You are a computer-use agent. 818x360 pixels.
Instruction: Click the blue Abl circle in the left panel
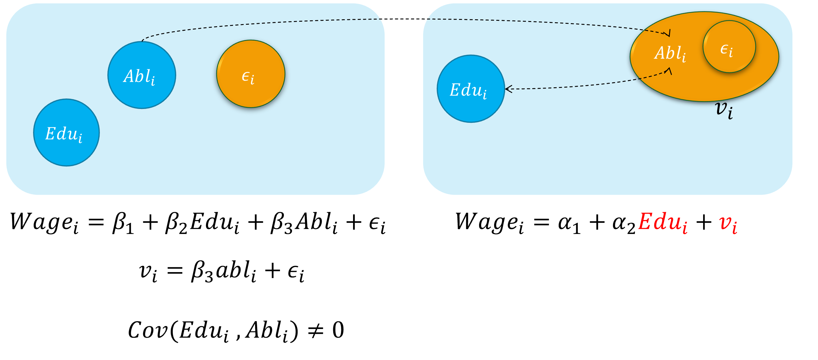pos(142,75)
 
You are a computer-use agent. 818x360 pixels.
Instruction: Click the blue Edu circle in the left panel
pos(66,132)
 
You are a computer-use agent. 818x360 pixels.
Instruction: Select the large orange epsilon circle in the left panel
pos(251,74)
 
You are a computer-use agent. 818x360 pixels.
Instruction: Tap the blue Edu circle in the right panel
pos(471,89)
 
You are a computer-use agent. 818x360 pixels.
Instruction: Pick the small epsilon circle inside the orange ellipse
pos(729,47)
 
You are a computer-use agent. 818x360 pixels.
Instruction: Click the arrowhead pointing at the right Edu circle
pos(507,89)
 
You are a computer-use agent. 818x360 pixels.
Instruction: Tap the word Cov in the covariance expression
pos(148,331)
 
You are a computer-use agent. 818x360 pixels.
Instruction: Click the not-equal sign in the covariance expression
pos(316,331)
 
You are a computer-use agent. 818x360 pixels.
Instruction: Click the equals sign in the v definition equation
pos(175,271)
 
